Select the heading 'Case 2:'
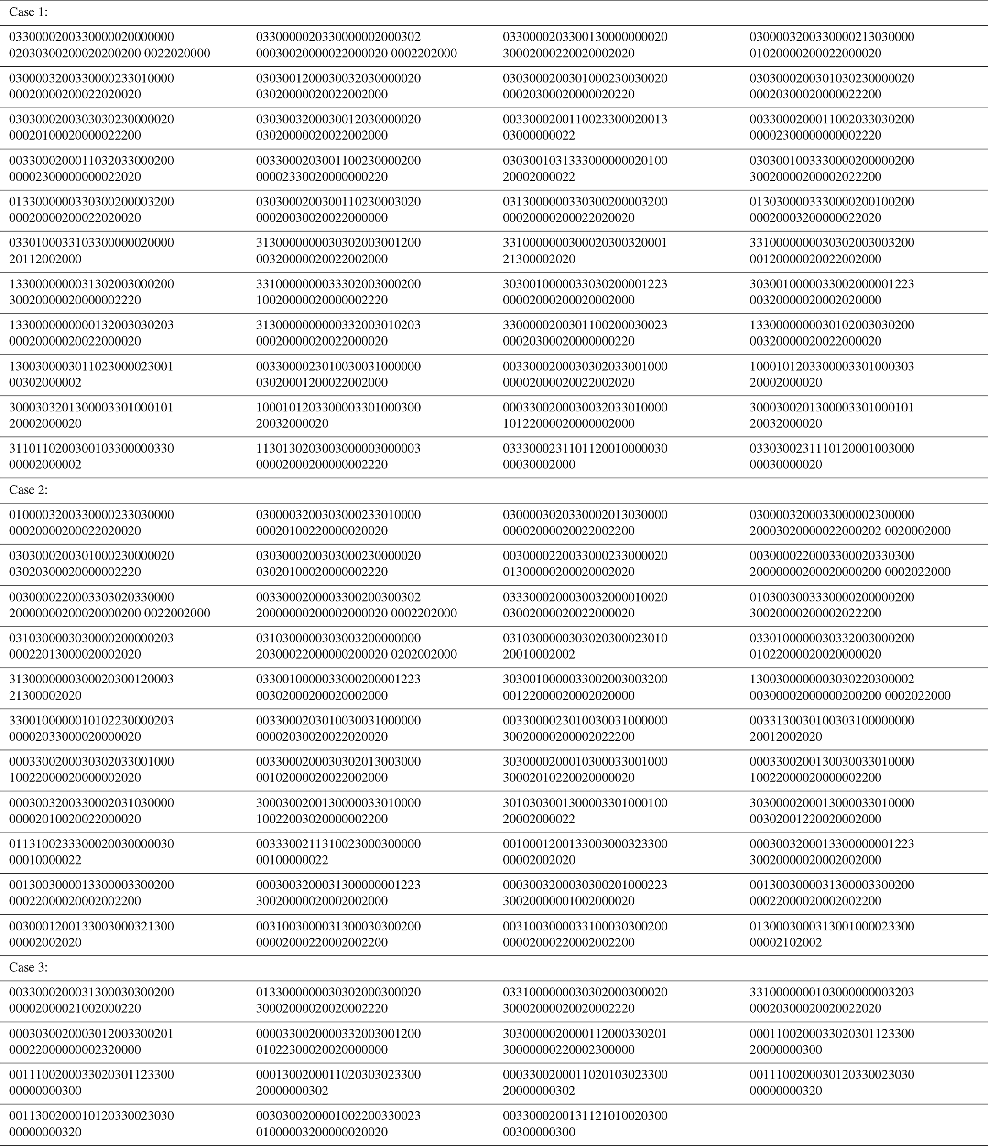point(29,490)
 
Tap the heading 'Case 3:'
point(29,967)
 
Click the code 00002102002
point(785,942)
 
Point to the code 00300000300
point(539,1132)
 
